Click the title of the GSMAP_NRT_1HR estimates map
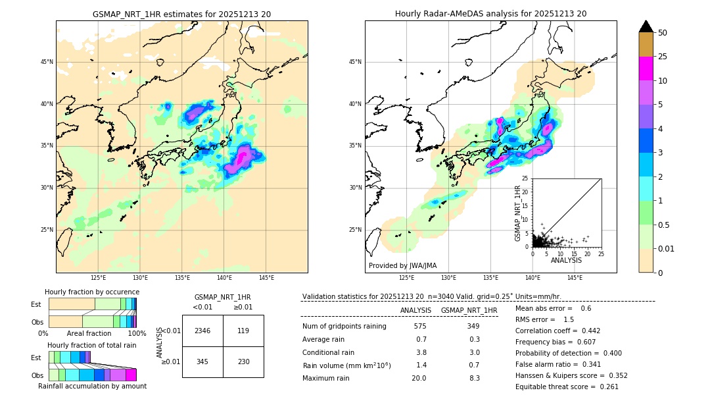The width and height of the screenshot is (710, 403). click(x=181, y=14)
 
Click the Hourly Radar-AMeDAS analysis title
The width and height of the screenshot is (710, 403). click(x=490, y=14)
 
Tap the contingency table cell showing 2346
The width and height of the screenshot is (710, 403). click(x=202, y=331)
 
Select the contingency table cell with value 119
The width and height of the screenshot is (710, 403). click(x=243, y=331)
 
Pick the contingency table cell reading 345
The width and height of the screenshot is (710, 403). click(x=202, y=362)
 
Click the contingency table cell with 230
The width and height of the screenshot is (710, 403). click(x=243, y=362)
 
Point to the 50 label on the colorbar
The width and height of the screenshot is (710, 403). click(x=663, y=32)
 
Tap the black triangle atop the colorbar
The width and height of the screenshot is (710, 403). click(x=646, y=26)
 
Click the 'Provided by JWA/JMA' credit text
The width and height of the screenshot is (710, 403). click(x=402, y=266)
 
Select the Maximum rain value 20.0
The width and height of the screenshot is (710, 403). click(x=419, y=378)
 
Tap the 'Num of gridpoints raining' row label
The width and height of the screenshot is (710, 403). click(x=344, y=327)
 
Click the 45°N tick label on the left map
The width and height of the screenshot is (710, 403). click(x=47, y=62)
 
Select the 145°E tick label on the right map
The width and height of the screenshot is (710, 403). click(x=575, y=279)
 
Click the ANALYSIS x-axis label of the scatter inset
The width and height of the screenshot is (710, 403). click(x=566, y=260)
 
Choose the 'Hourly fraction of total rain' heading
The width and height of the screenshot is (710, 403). click(x=92, y=345)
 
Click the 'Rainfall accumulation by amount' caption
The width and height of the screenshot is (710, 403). click(x=92, y=386)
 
